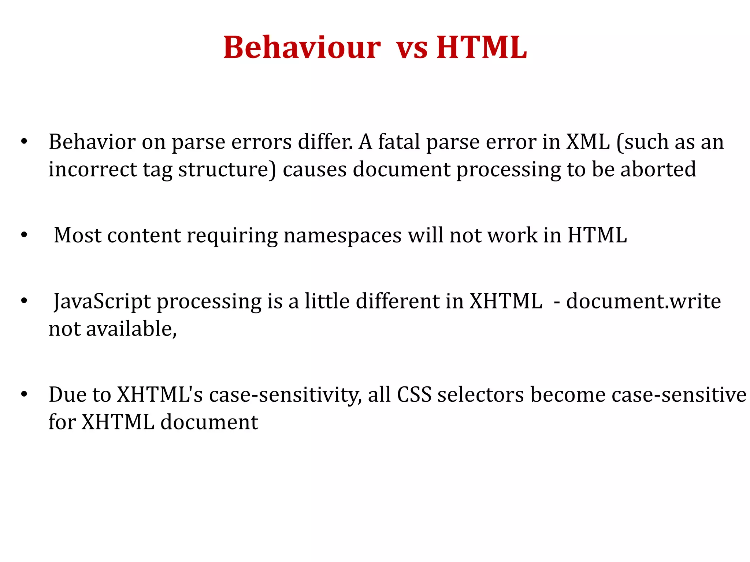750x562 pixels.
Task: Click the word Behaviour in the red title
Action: (302, 48)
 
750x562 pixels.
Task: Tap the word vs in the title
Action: (412, 48)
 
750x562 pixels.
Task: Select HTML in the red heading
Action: (481, 48)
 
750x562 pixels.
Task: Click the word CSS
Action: (414, 395)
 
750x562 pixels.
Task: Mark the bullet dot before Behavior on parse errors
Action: (24, 142)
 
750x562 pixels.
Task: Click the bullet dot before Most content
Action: (24, 235)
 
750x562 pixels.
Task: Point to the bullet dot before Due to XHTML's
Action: (24, 395)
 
